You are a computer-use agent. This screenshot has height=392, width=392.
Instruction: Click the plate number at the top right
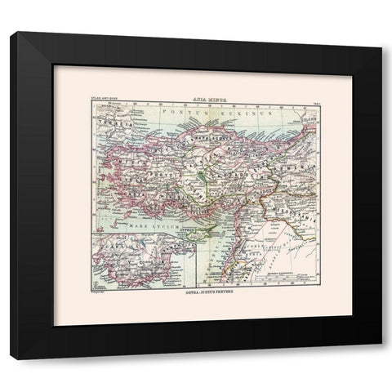[x=313, y=98]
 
